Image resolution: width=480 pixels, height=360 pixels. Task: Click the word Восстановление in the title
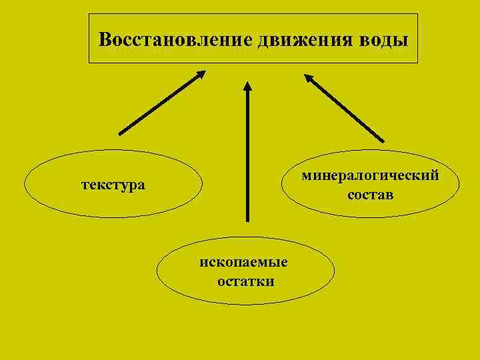(x=175, y=39)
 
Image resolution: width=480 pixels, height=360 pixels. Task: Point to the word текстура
(x=113, y=183)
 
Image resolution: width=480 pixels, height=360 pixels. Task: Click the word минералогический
(x=370, y=176)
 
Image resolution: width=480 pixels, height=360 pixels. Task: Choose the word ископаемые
(x=245, y=262)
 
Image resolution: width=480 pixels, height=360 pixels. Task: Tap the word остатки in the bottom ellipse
(x=245, y=281)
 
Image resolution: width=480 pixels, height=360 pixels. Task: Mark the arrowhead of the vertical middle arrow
(x=247, y=86)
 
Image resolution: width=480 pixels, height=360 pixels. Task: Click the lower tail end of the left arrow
(x=120, y=133)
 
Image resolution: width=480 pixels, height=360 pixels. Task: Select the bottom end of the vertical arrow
(x=247, y=220)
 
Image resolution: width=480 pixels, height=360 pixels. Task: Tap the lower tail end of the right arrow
(x=383, y=140)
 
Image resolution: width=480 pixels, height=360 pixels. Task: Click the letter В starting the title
(x=104, y=39)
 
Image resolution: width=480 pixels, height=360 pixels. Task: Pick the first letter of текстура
(x=85, y=184)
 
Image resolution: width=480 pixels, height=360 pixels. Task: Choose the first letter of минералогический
(x=306, y=177)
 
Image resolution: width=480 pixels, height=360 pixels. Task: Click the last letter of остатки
(x=270, y=281)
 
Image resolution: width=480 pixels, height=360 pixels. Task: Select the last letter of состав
(x=390, y=195)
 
